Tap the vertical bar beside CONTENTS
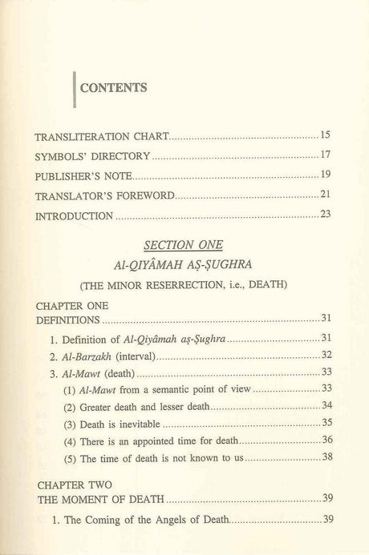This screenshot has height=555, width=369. tap(75, 87)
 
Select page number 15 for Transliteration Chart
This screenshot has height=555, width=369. tap(326, 135)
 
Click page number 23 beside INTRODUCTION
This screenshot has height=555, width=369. tap(326, 214)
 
